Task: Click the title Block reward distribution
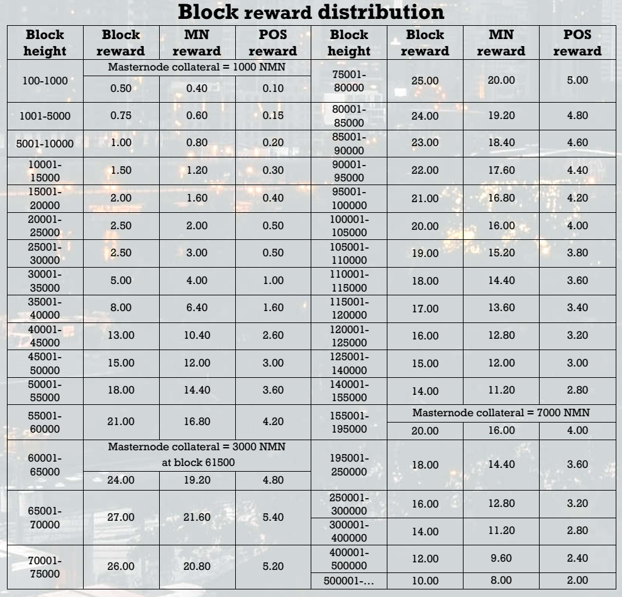[x=311, y=11]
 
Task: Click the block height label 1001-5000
[x=43, y=115]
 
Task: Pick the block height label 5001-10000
[x=43, y=143]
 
